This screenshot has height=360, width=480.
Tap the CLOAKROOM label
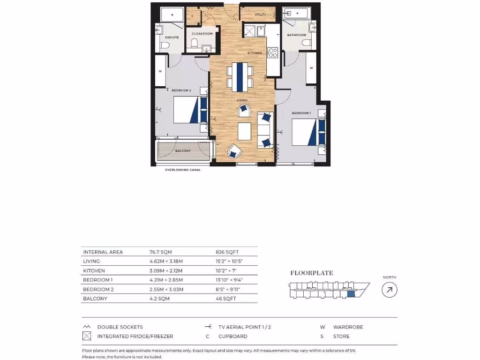[202, 34]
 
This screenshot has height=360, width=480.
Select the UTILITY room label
[260, 15]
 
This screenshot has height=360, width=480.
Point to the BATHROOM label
[297, 35]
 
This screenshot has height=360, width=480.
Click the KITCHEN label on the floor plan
[255, 53]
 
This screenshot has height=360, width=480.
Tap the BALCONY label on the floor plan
[182, 150]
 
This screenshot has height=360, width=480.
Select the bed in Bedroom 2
[190, 110]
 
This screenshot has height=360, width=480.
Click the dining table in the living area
[240, 76]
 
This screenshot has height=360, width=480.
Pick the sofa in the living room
[265, 130]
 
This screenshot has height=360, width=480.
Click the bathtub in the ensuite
[172, 15]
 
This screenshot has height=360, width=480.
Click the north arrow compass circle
[390, 290]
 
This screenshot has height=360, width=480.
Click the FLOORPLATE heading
[305, 273]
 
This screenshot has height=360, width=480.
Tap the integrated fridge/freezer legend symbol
[86, 336]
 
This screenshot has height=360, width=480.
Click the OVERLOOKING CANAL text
[182, 170]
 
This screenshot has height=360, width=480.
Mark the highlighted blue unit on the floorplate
[351, 294]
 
